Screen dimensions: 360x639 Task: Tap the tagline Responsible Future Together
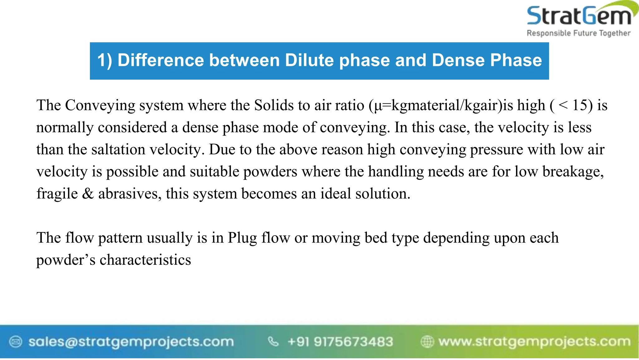[x=578, y=33]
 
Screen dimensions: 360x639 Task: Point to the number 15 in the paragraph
[x=580, y=105]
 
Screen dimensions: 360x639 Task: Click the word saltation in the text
[x=119, y=149]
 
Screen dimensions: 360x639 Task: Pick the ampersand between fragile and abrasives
[x=88, y=194]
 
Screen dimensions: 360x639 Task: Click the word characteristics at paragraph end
[x=145, y=260]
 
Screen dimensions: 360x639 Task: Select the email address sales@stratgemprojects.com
[x=131, y=342]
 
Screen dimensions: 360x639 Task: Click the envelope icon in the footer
[x=16, y=342]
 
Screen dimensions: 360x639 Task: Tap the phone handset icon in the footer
[x=273, y=342]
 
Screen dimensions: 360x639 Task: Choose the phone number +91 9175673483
[x=340, y=342]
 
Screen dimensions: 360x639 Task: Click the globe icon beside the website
[x=427, y=342]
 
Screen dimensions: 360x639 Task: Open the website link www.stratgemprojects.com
[x=534, y=342]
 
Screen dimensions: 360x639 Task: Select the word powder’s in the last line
[x=66, y=260]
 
